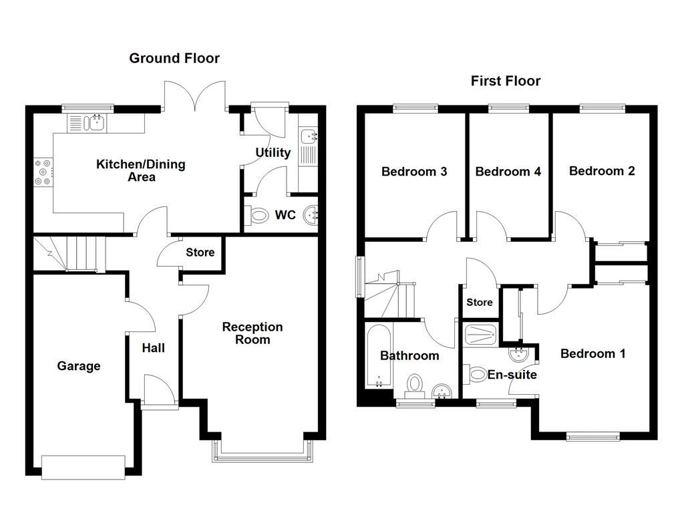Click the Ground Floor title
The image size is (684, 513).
174,59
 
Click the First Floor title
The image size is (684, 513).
506,81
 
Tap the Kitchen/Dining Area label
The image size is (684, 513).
141,170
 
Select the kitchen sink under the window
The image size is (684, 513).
88,122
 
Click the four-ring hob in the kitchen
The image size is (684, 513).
42,172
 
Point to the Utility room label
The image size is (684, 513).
273,153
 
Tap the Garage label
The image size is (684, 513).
79,366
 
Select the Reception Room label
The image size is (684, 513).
252,333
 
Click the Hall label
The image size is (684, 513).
153,348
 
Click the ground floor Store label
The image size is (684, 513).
200,252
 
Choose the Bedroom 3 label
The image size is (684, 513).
414,172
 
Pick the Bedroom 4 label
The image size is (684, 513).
508,172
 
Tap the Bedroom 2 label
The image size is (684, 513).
602,171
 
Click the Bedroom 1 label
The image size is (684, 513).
592,354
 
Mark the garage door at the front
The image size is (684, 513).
83,467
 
